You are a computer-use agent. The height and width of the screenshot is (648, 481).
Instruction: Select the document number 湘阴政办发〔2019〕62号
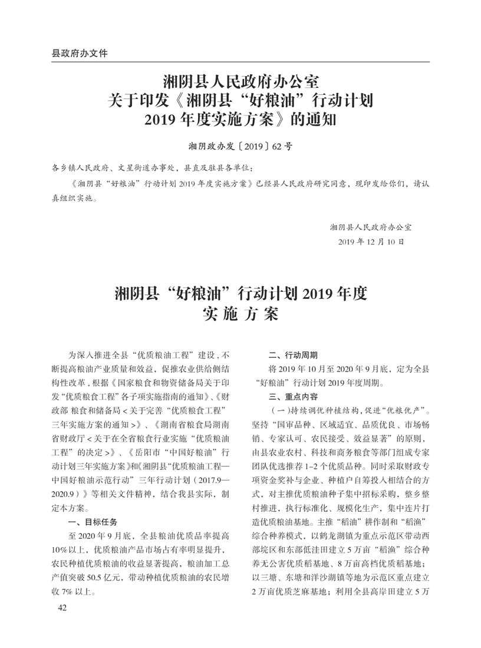(x=240, y=146)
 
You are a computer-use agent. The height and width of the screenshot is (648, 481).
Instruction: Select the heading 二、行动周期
(x=292, y=356)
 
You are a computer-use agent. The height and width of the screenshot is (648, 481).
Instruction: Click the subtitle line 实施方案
(x=240, y=314)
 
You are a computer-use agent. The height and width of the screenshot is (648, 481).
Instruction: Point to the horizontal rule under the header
(x=240, y=61)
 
